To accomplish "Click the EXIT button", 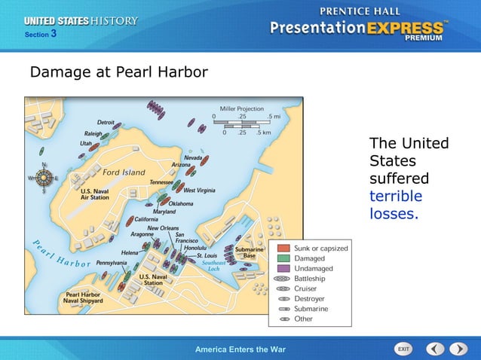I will pyautogui.click(x=403, y=349).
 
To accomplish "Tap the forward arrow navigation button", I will pyautogui.click(x=458, y=349).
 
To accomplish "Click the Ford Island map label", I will pyautogui.click(x=124, y=172).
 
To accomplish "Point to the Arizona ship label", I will pyautogui.click(x=181, y=164).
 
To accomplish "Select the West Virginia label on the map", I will pyautogui.click(x=199, y=191).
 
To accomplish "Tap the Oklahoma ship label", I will pyautogui.click(x=180, y=203).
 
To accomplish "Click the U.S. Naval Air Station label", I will pyautogui.click(x=95, y=194).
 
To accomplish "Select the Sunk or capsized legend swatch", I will pyautogui.click(x=283, y=248).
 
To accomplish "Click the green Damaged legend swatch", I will pyautogui.click(x=283, y=258).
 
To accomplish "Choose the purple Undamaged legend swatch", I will pyautogui.click(x=283, y=268).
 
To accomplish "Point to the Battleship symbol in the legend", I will pyautogui.click(x=283, y=279).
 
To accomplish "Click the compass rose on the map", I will pyautogui.click(x=44, y=178).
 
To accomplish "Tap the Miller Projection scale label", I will pyautogui.click(x=241, y=109).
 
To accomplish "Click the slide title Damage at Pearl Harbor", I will pyautogui.click(x=118, y=73).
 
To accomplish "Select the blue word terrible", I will pyautogui.click(x=395, y=197).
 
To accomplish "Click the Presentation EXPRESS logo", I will pyautogui.click(x=358, y=28).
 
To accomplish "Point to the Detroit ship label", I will pyautogui.click(x=106, y=122).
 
